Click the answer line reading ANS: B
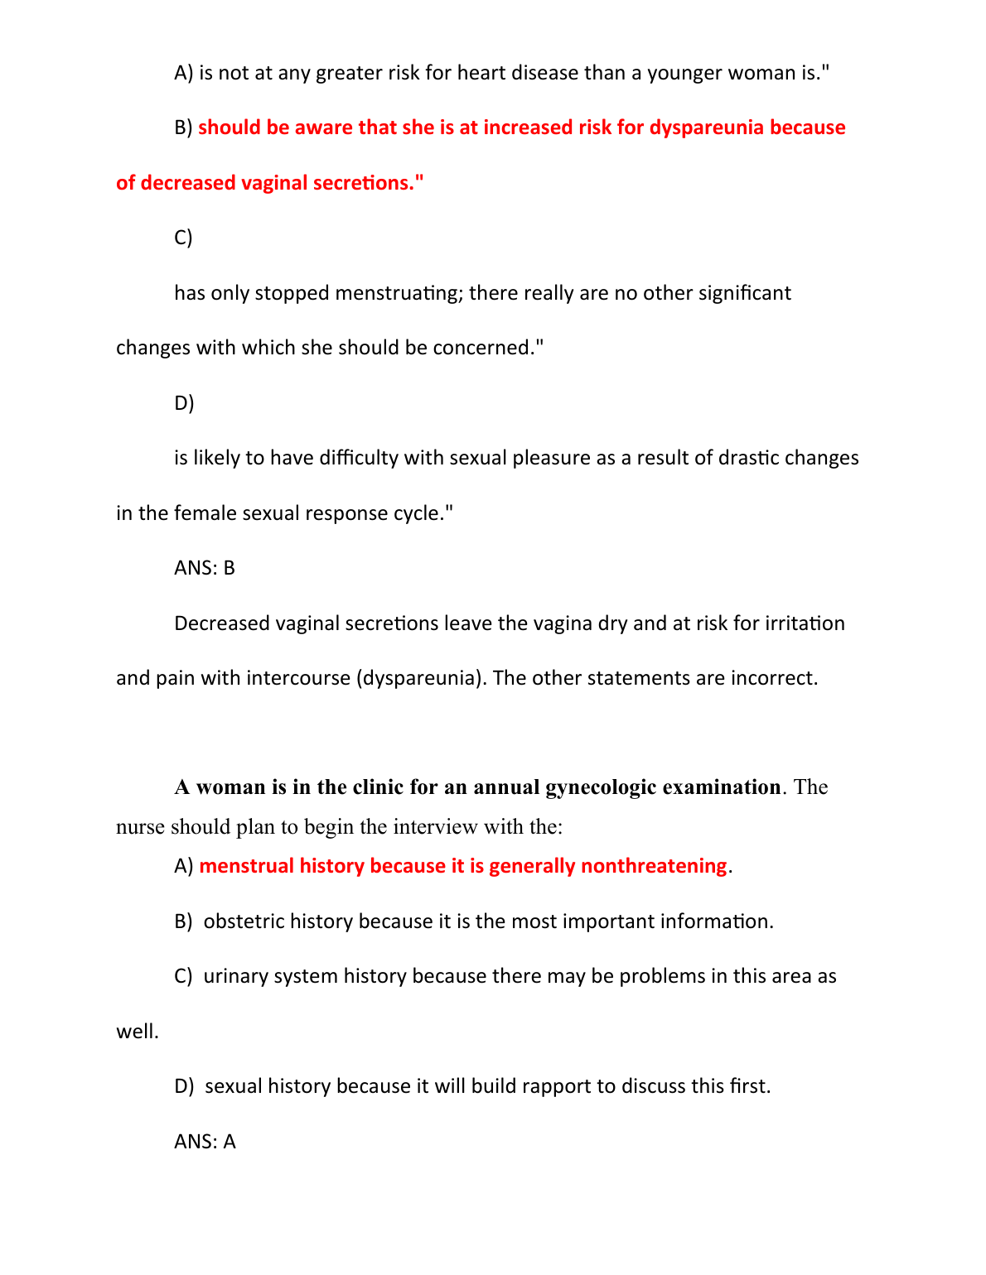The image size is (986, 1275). (205, 568)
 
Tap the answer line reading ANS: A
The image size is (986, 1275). (205, 1142)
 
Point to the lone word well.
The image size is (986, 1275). (137, 1032)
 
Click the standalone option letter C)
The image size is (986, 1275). (183, 238)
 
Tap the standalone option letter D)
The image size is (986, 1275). (184, 403)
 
